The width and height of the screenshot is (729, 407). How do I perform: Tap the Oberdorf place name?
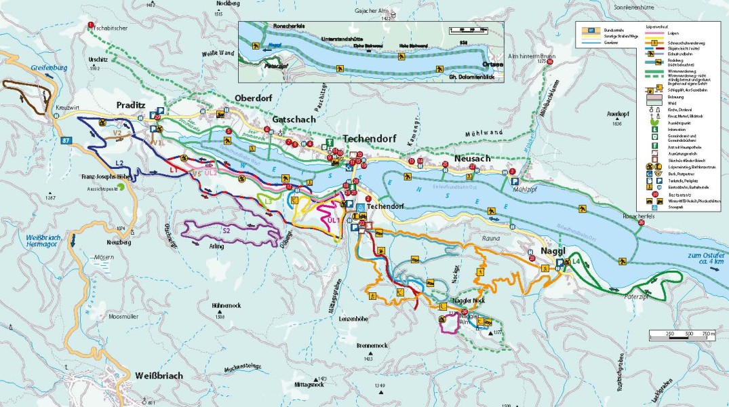click(x=253, y=98)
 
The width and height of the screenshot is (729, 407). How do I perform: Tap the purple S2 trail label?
click(x=226, y=231)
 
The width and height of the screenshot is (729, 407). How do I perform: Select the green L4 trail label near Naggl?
click(x=576, y=261)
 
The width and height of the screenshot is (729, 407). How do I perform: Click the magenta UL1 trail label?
click(x=332, y=221)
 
